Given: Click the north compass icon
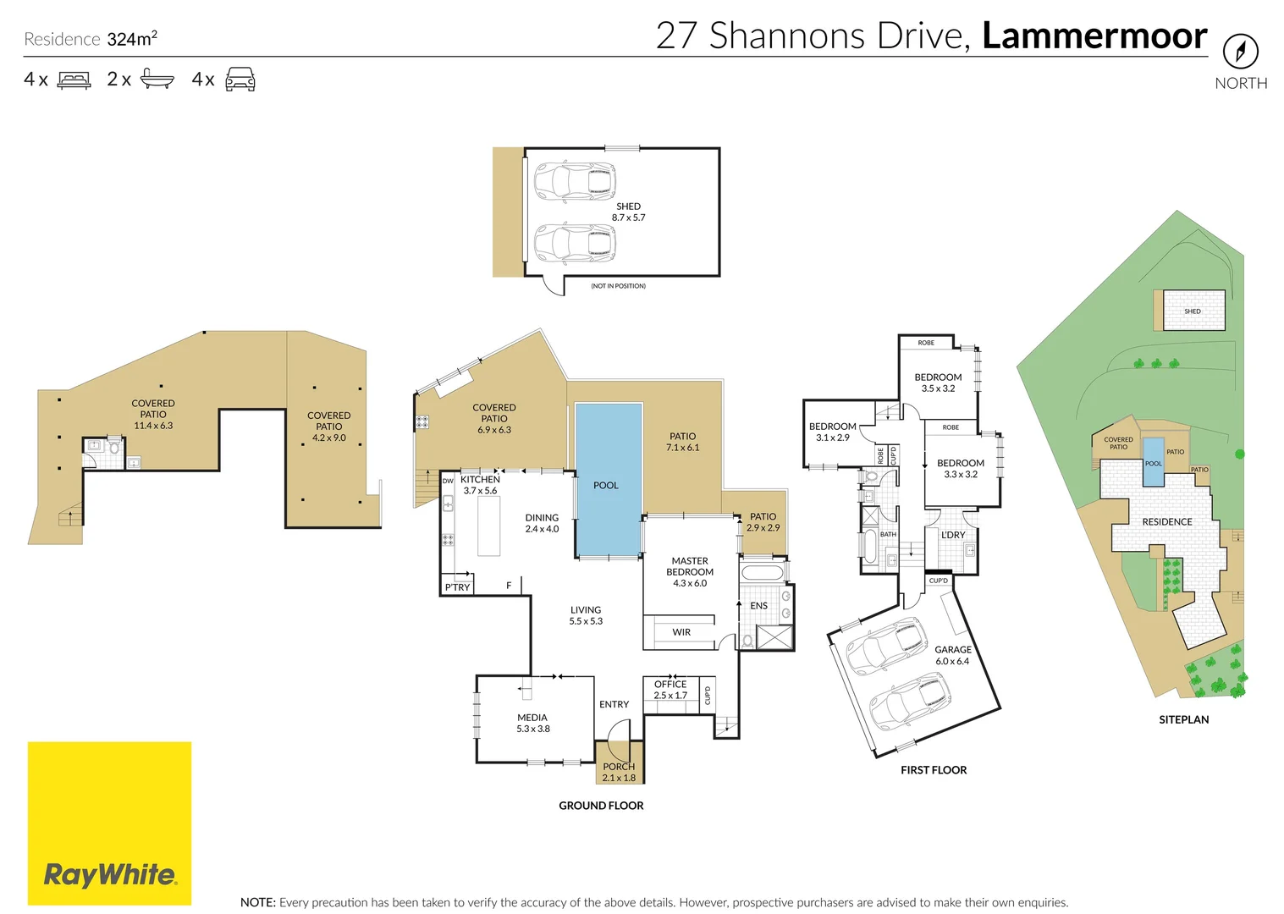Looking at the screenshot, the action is (x=1241, y=51).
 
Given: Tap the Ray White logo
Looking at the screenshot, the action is (x=109, y=823).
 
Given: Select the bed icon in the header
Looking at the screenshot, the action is (x=74, y=79).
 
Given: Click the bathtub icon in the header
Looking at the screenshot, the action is (x=157, y=79).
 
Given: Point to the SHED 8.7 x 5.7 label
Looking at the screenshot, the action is (x=628, y=212).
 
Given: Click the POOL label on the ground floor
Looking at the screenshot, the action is (x=605, y=486).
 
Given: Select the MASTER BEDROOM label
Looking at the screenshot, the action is (x=690, y=571).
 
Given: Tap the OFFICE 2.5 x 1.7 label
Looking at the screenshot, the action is (x=670, y=690).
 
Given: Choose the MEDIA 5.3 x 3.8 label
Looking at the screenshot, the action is (x=532, y=723).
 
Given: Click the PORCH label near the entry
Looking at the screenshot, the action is (x=619, y=766).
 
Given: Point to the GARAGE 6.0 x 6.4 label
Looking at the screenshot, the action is (x=953, y=655).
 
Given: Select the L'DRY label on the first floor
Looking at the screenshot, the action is (x=953, y=535).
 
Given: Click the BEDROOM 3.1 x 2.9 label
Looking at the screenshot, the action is (x=832, y=432).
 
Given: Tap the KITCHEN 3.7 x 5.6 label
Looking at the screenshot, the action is (x=480, y=485).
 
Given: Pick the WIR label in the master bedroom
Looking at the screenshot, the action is (x=681, y=632).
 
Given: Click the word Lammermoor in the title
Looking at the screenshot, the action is (x=1094, y=36).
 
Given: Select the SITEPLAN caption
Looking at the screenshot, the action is (x=1183, y=719).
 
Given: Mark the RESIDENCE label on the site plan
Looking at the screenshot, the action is (x=1167, y=522).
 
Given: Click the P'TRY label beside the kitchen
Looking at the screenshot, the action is (x=457, y=587).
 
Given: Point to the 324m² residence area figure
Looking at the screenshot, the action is (x=132, y=38).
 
